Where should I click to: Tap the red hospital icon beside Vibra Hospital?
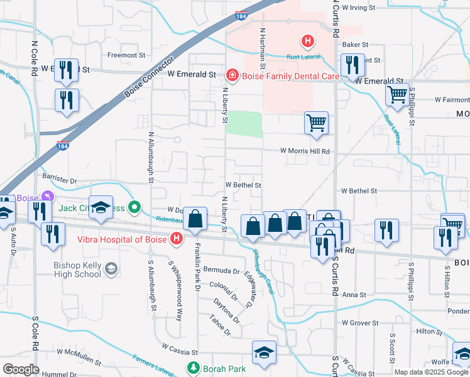[x=177, y=239]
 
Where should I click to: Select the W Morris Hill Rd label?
[x=305, y=151]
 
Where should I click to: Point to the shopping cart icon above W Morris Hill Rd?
[x=316, y=123]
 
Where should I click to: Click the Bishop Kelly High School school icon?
[x=111, y=270]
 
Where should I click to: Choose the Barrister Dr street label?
[x=56, y=181]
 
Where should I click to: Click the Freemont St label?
[x=126, y=55]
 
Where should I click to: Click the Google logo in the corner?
[x=21, y=369]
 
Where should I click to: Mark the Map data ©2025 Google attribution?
[x=431, y=372]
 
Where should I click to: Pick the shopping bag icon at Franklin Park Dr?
[x=196, y=219]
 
